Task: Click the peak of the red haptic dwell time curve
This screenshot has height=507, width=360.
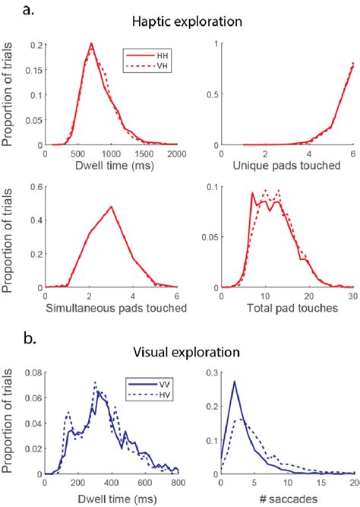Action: [x=91, y=44]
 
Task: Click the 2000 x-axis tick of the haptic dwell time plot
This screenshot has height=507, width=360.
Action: [x=178, y=151]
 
